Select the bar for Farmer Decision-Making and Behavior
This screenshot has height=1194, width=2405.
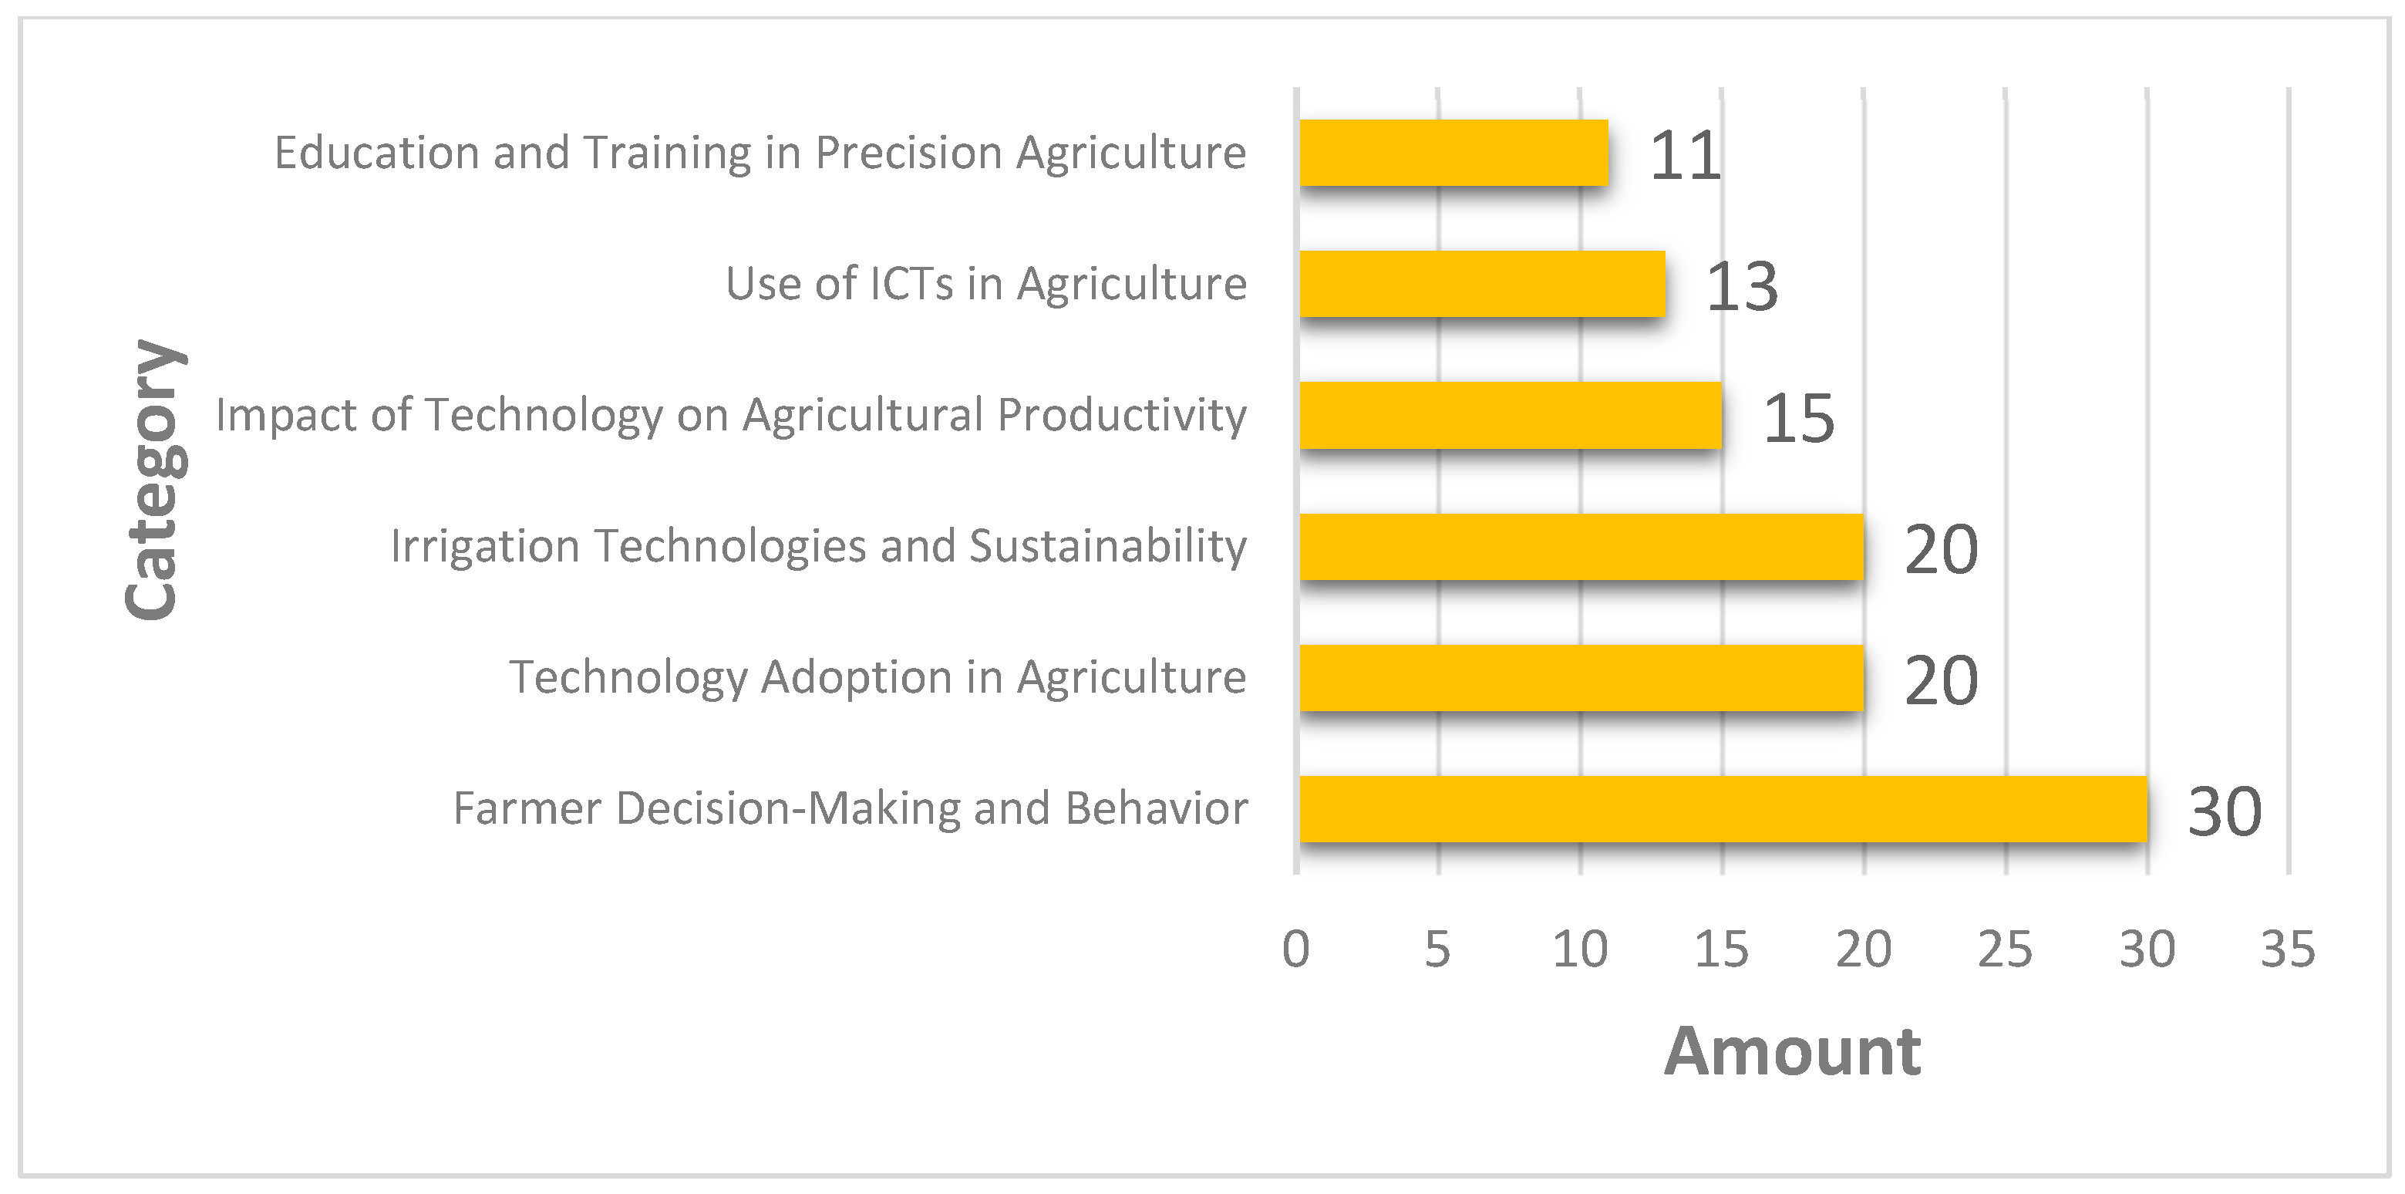point(1723,808)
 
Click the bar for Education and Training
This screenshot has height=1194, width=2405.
point(1453,152)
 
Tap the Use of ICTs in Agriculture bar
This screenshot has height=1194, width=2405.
point(1482,284)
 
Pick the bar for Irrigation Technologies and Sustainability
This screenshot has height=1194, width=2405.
point(1581,546)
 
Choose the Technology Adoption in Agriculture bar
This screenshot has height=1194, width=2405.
point(1581,678)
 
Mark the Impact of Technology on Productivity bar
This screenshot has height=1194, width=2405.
point(1510,416)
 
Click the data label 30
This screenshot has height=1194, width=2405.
point(2224,811)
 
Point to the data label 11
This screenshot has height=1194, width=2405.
point(1684,155)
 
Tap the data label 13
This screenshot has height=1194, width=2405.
point(1741,287)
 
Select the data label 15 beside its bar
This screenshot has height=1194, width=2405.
point(1798,418)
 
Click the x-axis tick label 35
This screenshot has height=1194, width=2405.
point(2287,949)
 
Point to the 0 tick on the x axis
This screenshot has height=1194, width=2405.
point(1296,949)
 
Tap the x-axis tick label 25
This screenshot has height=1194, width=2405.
point(2005,949)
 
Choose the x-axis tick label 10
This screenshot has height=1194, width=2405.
point(1580,949)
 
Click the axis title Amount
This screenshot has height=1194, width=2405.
point(1792,1052)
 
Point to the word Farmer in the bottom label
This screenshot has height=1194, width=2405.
point(527,808)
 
